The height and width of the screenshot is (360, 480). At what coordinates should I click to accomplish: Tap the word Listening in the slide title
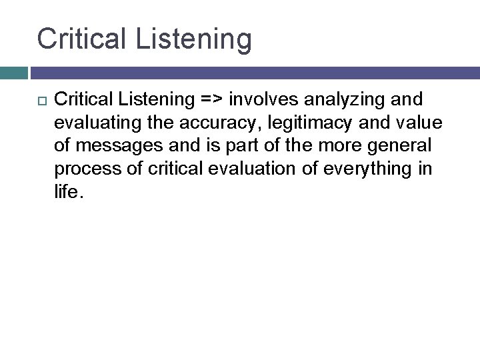point(193,40)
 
